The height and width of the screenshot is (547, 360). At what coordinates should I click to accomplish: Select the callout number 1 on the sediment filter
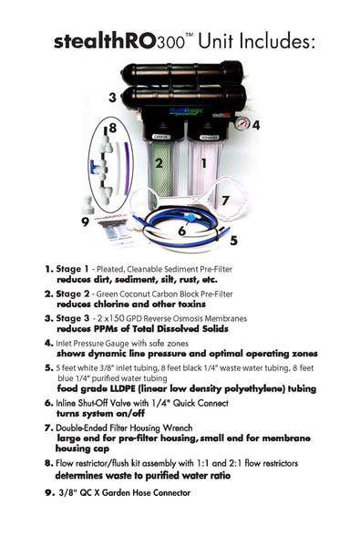coord(203,164)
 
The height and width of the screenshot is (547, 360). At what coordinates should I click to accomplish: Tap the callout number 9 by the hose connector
coord(84,221)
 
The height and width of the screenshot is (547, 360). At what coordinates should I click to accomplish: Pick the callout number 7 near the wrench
coord(225,199)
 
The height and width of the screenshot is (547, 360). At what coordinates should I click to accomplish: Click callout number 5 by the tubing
coord(233,241)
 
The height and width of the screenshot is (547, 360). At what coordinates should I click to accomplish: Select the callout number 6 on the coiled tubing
coord(181,231)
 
